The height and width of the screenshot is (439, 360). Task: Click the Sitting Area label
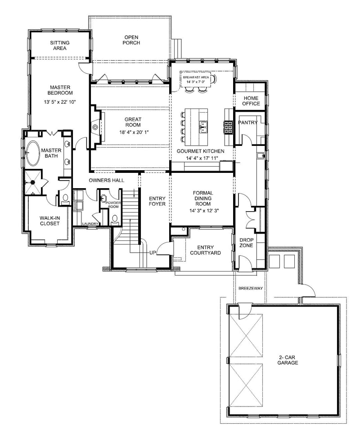(60, 45)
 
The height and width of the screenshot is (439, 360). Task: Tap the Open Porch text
(132, 40)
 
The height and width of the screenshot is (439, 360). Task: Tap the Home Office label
(252, 101)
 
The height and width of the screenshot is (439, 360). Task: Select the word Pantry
(247, 122)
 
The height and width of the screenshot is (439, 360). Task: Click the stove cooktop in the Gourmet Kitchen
(228, 128)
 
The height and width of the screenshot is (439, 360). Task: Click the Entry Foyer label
(157, 201)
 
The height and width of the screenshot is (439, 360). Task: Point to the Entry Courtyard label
(206, 250)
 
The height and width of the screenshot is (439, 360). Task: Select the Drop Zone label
(247, 243)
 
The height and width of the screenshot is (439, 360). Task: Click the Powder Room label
(112, 205)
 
